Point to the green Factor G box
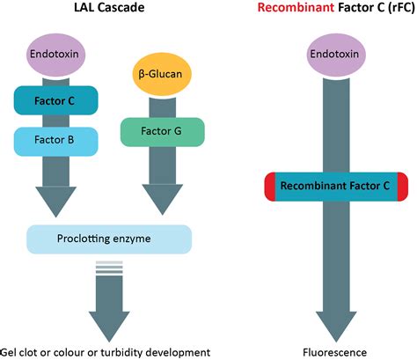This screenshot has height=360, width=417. click(162, 131)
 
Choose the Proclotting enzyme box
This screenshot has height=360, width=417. click(108, 239)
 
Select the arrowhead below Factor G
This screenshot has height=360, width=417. click(162, 200)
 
